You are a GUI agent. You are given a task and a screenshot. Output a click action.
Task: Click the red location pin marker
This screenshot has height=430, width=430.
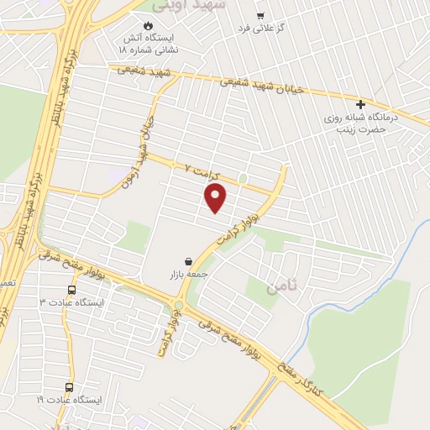pos(216,198)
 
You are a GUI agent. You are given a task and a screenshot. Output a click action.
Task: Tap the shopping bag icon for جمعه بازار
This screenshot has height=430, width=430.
pos(189,261)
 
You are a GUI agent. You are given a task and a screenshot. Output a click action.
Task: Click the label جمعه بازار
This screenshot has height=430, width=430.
pos(189,275)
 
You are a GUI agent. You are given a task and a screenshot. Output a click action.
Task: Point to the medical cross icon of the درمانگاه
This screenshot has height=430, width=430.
pos(360,105)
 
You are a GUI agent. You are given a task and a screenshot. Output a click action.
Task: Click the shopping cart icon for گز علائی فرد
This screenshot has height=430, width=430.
pos(260,15)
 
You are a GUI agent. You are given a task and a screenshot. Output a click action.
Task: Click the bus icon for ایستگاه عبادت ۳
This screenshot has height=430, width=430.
pos(71,290)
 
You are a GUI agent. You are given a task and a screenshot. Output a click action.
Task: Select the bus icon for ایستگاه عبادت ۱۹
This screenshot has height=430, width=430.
pos(69,387)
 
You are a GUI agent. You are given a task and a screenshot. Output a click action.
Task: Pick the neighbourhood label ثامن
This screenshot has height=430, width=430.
pos(282,287)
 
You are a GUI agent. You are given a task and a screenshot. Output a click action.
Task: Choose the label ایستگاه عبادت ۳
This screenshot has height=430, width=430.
pos(72,302)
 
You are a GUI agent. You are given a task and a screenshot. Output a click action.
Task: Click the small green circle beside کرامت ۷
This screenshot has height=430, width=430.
pos(243,178)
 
